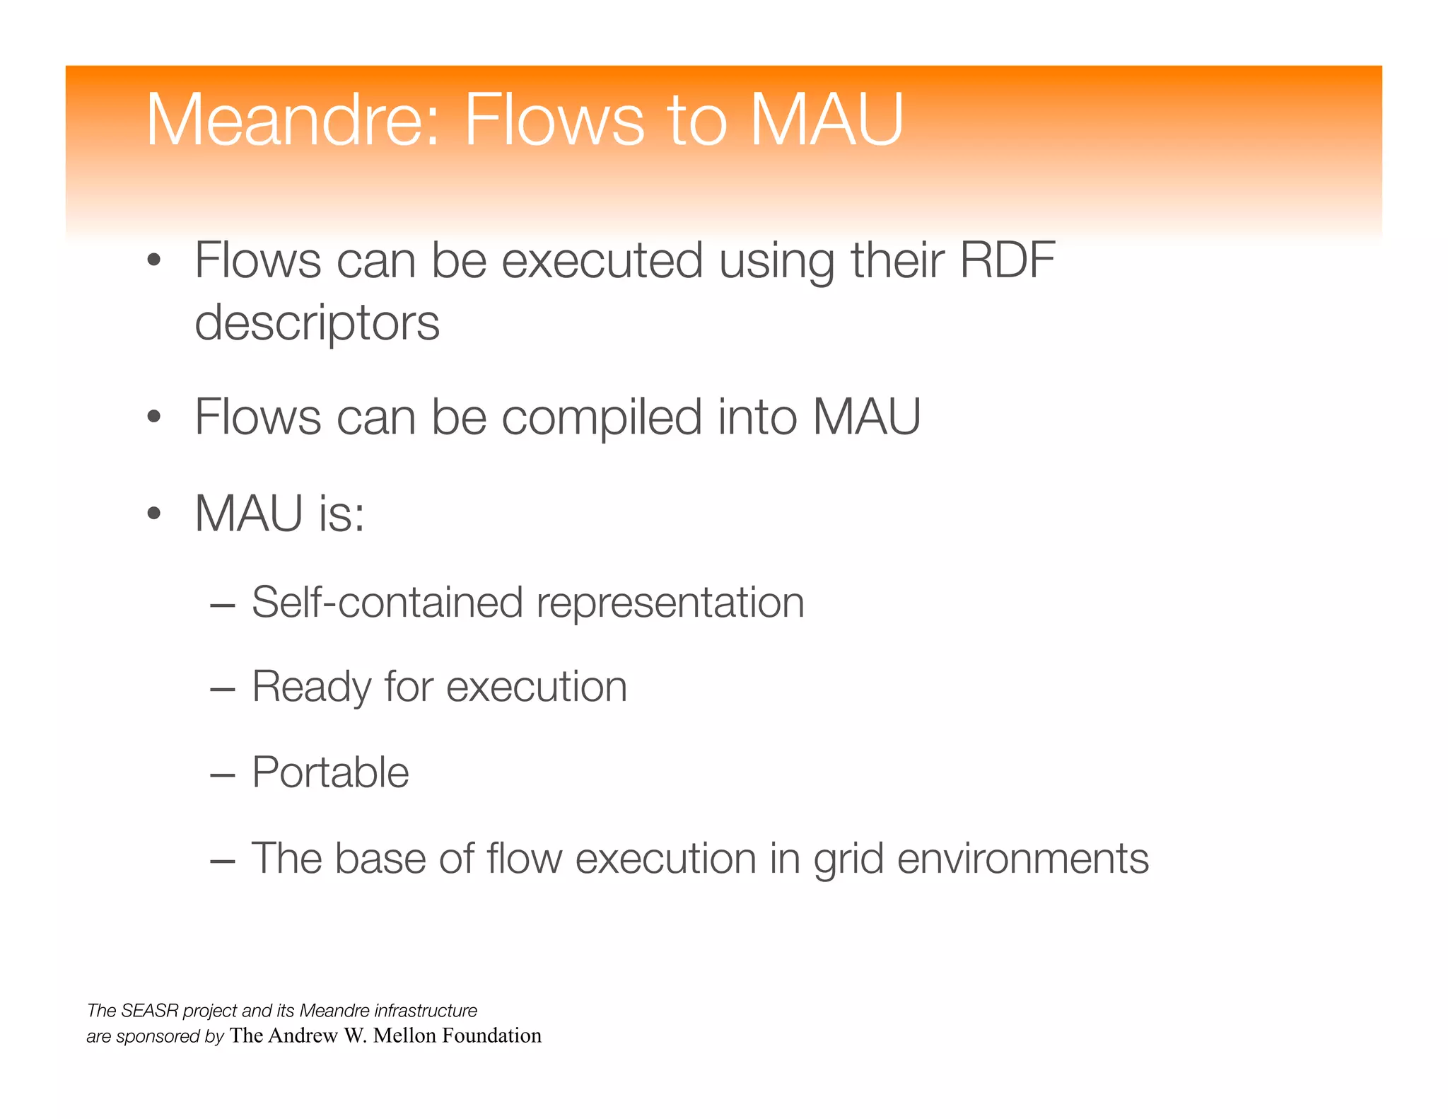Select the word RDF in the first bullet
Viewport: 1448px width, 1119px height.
(1007, 260)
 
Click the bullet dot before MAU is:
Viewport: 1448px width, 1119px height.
(154, 514)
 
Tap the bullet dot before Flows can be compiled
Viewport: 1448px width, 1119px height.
(154, 417)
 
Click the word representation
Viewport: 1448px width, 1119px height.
(670, 603)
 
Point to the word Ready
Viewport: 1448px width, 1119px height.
(312, 688)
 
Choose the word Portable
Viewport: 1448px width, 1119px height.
(330, 772)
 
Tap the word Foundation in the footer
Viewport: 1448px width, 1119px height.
(491, 1036)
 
